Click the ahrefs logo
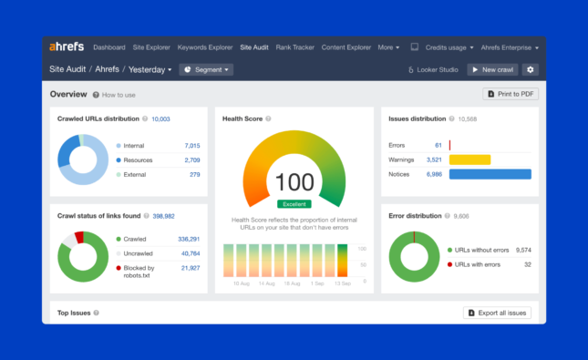[x=67, y=47]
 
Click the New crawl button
[x=492, y=69]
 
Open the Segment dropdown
[x=206, y=69]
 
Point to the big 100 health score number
[x=294, y=181]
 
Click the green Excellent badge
[x=294, y=203]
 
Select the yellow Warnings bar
[x=469, y=159]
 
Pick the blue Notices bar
[x=490, y=174]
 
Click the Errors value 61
[x=438, y=145]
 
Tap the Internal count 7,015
[x=191, y=145]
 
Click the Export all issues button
[x=497, y=313]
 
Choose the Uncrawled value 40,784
[x=190, y=253]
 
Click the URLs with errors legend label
[x=477, y=264]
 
